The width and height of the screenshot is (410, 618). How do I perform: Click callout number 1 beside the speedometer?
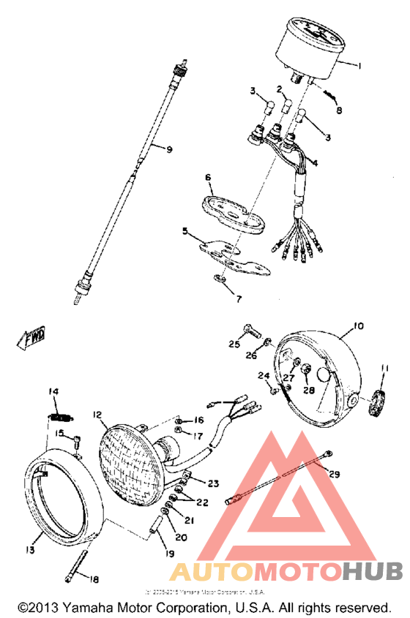(x=360, y=65)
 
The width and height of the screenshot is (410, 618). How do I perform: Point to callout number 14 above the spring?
(x=53, y=391)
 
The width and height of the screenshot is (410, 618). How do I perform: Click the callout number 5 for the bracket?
(x=185, y=232)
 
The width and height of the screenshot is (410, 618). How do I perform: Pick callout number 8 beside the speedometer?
(x=339, y=110)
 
